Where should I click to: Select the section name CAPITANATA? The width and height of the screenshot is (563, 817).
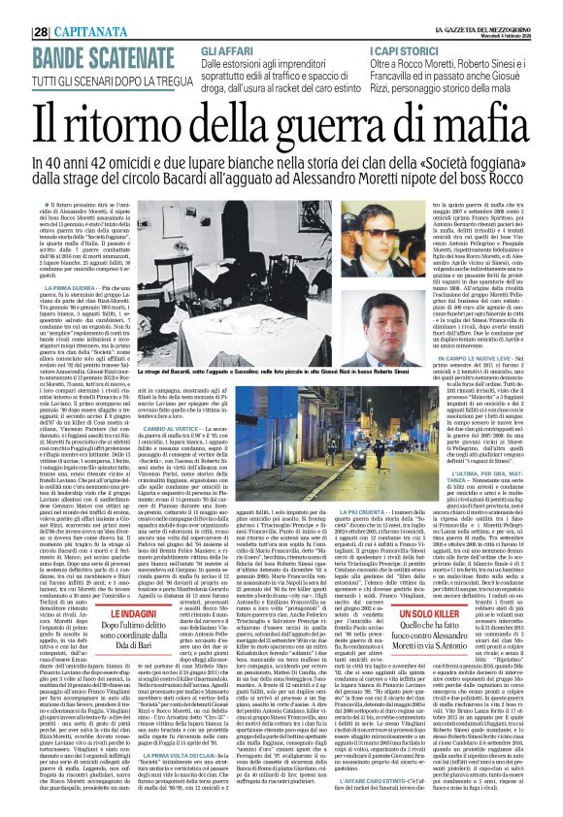60,8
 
